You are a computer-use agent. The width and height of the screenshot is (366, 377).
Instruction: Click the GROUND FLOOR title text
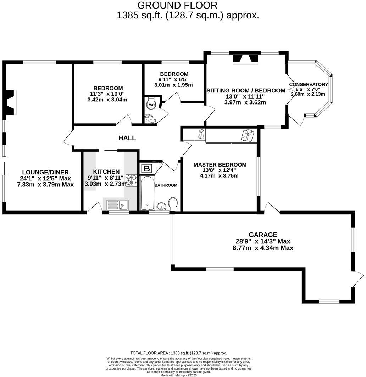[x=177, y=5]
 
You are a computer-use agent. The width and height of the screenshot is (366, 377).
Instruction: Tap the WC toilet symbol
[x=151, y=105]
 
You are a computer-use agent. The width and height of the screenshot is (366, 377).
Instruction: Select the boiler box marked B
[x=147, y=169]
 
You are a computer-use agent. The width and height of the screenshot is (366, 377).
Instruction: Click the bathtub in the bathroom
[x=146, y=193]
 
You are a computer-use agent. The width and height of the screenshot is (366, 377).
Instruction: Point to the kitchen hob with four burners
[x=131, y=180]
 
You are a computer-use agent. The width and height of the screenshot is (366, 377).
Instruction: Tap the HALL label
[x=127, y=138]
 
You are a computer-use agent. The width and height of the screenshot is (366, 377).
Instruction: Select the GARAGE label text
[x=263, y=235]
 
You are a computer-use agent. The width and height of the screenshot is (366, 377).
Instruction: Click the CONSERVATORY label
[x=309, y=84]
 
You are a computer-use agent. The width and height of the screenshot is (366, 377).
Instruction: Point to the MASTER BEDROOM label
[x=220, y=165]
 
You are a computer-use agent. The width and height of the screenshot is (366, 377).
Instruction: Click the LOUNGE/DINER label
[x=45, y=173]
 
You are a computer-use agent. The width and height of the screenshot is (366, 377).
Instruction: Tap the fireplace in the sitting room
[x=245, y=59]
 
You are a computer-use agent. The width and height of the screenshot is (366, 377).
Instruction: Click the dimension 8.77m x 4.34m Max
[x=263, y=248]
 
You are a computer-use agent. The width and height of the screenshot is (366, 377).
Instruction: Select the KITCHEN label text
[x=104, y=172]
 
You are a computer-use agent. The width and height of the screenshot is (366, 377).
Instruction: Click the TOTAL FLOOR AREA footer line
[x=178, y=353]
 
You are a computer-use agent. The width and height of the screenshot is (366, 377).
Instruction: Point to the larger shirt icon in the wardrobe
[x=248, y=135]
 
